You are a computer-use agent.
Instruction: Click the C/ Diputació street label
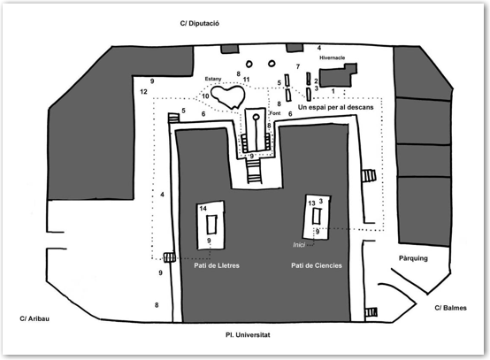199,23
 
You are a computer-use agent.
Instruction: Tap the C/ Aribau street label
34,318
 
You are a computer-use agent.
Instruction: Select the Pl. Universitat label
248,334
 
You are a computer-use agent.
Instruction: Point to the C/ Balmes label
450,308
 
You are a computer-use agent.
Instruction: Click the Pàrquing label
413,258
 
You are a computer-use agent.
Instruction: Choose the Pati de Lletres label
217,265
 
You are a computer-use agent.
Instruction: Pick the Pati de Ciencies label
317,265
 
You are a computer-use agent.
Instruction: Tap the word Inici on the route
299,245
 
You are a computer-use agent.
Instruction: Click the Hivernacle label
333,57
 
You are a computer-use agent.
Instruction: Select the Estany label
213,79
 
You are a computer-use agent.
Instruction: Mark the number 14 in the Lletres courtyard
203,209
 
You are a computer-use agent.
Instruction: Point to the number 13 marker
311,203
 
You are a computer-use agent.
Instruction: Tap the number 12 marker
143,92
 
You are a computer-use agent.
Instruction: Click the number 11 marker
246,80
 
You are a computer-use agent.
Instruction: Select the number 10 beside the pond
205,96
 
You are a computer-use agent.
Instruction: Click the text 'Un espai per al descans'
335,107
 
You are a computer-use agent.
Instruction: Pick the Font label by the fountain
275,113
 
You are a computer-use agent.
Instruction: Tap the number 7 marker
298,66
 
